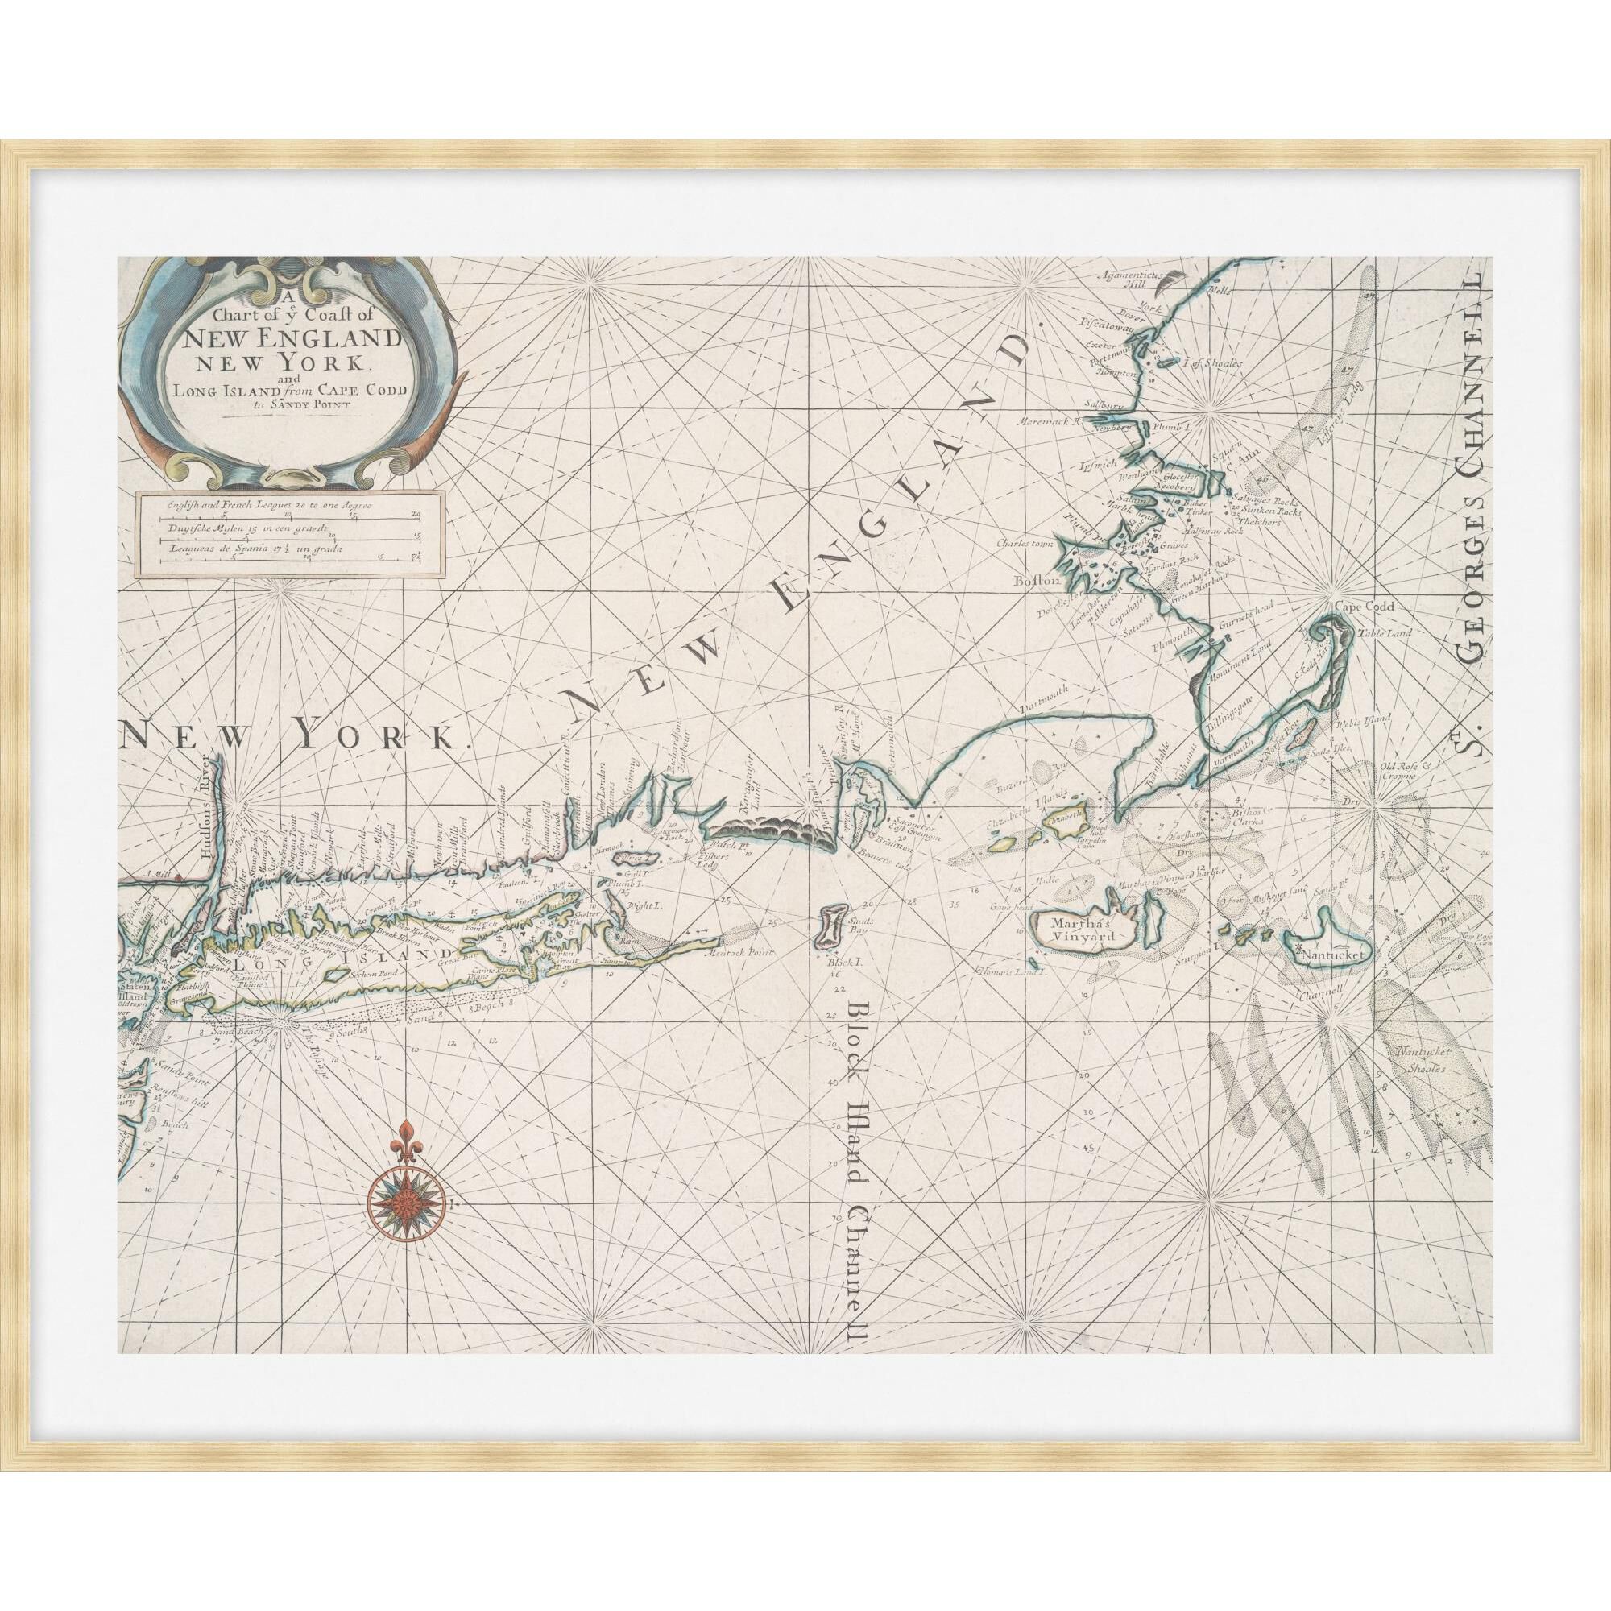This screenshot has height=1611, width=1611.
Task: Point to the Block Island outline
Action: coord(831,926)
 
